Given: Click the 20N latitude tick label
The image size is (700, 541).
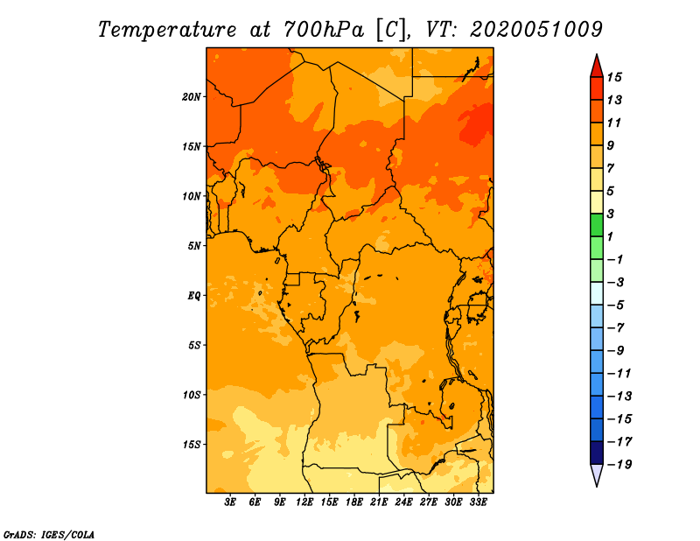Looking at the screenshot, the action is pyautogui.click(x=192, y=97).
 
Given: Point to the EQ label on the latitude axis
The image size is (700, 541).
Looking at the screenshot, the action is pyautogui.click(x=194, y=296).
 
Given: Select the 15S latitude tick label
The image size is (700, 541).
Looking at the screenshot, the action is pyautogui.click(x=192, y=445).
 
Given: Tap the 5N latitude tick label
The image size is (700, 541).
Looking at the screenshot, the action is pyautogui.click(x=194, y=246).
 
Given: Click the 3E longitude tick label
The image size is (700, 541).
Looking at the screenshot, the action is pyautogui.click(x=230, y=502).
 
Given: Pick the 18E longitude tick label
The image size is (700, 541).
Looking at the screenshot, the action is pyautogui.click(x=354, y=502).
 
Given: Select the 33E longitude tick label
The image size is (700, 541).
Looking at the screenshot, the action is pyautogui.click(x=478, y=502).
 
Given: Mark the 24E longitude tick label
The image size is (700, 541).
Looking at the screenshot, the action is pyautogui.click(x=403, y=502).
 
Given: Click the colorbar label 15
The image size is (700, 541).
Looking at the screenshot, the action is pyautogui.click(x=614, y=77).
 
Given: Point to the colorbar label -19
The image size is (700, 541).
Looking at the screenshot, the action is pyautogui.click(x=619, y=465).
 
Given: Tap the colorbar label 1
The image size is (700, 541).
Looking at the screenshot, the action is pyautogui.click(x=610, y=236).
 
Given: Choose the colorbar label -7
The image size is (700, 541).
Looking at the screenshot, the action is pyautogui.click(x=616, y=328).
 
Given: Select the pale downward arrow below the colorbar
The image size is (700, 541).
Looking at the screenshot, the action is pyautogui.click(x=597, y=474).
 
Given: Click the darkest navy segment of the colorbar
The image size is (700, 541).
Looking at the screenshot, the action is pyautogui.click(x=597, y=453).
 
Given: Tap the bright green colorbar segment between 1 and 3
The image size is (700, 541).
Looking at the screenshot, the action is pyautogui.click(x=597, y=225).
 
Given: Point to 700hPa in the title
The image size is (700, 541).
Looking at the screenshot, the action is pyautogui.click(x=324, y=30).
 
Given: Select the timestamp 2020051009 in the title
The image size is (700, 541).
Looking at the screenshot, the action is pyautogui.click(x=536, y=30).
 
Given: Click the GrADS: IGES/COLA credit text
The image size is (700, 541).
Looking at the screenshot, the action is pyautogui.click(x=49, y=535).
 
